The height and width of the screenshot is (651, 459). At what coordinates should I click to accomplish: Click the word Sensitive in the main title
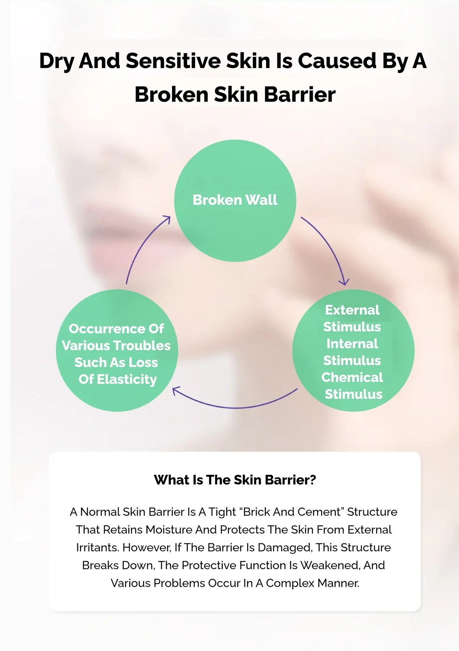pyautogui.click(x=173, y=61)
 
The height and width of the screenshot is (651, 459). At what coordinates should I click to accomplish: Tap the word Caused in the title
pyautogui.click(x=337, y=61)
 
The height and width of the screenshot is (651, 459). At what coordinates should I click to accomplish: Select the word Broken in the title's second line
pyautogui.click(x=172, y=95)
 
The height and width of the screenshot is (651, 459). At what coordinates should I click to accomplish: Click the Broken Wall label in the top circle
pyautogui.click(x=235, y=200)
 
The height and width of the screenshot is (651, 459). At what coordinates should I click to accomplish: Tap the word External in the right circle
pyautogui.click(x=352, y=310)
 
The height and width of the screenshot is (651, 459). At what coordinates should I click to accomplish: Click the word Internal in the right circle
pyautogui.click(x=352, y=343)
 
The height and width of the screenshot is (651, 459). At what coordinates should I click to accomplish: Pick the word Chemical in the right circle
pyautogui.click(x=352, y=377)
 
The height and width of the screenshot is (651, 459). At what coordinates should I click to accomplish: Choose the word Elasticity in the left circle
pyautogui.click(x=127, y=379)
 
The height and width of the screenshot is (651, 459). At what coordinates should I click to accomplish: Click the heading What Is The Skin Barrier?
pyautogui.click(x=235, y=479)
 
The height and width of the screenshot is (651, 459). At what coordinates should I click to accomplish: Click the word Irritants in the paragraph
pyautogui.click(x=98, y=548)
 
